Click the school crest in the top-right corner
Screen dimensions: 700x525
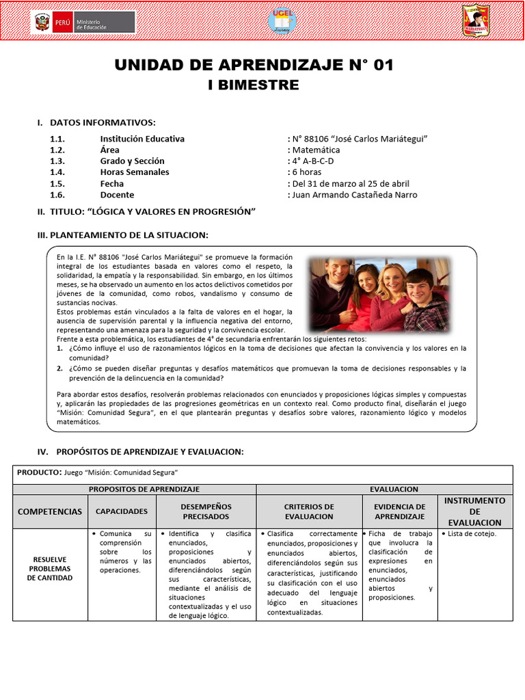476,21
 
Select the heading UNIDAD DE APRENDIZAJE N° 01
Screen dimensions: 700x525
254,65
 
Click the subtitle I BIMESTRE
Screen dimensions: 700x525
254,85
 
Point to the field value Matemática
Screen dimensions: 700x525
315,150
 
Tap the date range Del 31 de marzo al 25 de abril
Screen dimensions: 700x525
353,183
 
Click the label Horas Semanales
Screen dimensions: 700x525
134,172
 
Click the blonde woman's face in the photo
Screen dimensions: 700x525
394,280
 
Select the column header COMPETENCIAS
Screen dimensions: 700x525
50,511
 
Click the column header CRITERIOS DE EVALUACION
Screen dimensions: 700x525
309,511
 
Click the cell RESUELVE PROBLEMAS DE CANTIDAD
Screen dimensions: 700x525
50,568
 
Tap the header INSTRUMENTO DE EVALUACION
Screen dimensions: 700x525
475,511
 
